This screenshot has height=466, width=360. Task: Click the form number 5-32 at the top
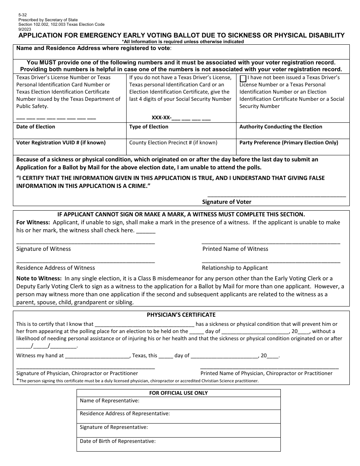pos(22,15)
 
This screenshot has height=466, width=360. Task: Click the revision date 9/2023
pos(24,29)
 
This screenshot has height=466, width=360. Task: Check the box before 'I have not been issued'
pos(243,78)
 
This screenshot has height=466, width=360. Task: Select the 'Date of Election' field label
pos(36,127)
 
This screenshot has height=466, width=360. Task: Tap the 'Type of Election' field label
pos(149,127)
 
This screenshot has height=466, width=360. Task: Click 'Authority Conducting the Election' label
pos(281,127)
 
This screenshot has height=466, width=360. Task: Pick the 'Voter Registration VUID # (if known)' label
pos(61,143)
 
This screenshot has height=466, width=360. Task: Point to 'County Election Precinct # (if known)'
pos(173,143)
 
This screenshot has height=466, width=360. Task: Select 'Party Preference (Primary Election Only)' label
pos(289,143)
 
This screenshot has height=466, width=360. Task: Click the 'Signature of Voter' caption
pos(227,202)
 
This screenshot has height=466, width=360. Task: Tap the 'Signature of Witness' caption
pos(44,249)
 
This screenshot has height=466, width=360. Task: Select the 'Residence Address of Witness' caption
pos(56,268)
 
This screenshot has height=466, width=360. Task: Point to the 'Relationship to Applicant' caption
pos(235,268)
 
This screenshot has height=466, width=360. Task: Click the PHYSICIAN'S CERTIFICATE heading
pos(181,315)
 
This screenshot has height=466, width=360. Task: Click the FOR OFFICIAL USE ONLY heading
pos(178,393)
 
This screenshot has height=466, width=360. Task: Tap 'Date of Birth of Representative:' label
pos(118,441)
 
